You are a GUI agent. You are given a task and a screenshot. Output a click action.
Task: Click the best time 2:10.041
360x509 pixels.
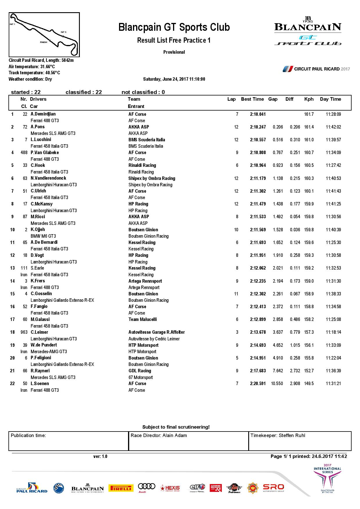point(258,114)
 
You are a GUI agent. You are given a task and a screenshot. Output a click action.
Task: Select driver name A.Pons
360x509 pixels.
point(38,127)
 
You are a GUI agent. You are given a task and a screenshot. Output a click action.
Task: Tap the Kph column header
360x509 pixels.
point(309,99)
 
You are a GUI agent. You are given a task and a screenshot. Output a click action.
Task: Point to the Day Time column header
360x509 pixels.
point(330,99)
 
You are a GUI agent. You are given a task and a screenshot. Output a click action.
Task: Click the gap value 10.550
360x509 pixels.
point(277,384)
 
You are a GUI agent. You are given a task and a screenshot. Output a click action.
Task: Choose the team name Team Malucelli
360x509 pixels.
point(143,320)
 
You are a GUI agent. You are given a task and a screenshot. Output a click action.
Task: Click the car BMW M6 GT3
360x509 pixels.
point(43,236)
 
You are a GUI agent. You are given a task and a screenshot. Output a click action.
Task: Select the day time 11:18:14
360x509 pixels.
point(333,332)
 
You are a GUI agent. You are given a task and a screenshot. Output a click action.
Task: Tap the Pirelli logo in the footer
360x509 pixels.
point(121,488)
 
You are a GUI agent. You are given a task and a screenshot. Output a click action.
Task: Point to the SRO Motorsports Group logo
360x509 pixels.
point(273,488)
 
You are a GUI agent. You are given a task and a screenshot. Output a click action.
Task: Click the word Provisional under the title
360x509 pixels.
point(174,52)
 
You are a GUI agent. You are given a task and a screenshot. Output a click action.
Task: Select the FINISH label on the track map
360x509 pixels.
point(44,42)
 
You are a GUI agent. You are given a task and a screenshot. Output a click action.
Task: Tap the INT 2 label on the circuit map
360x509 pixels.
point(64,32)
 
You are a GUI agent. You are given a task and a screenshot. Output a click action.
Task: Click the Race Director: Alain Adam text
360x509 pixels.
point(159,436)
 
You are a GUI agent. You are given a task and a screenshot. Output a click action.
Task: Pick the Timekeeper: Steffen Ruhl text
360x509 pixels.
point(278,436)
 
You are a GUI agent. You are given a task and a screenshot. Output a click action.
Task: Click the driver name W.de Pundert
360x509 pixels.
point(44,345)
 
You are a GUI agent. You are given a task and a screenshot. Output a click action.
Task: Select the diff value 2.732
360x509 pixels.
point(295,371)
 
